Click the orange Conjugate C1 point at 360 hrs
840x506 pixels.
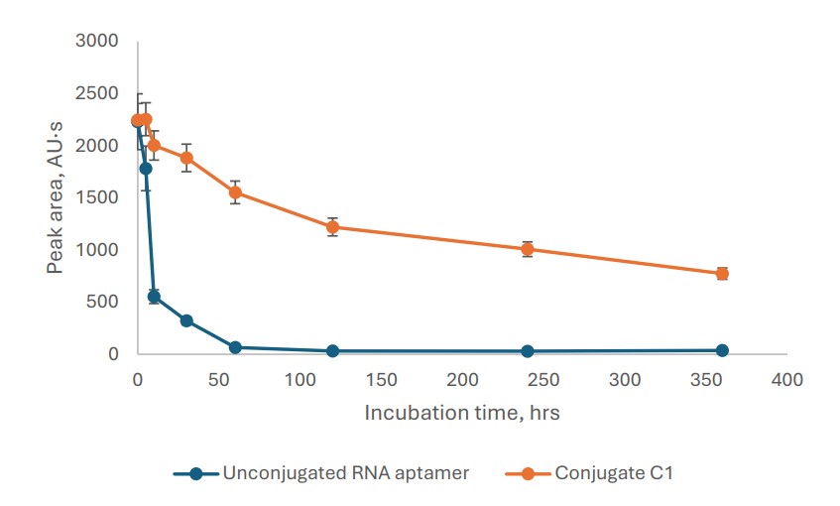point(722,273)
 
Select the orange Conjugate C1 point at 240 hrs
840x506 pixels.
point(528,249)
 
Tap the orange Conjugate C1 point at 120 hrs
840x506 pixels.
point(332,227)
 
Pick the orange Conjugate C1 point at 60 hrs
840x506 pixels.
point(235,192)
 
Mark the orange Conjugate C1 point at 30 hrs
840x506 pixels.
point(186,158)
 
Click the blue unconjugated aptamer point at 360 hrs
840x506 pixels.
point(722,350)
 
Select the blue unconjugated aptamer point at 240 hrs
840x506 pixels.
point(528,351)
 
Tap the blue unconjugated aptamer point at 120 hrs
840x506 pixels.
point(332,351)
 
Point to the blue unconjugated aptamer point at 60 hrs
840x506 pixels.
point(235,347)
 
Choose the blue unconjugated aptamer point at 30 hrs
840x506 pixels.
point(186,320)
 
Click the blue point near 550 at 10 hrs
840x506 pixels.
point(154,297)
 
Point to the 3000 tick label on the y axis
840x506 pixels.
point(98,41)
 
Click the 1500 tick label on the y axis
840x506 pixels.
point(98,197)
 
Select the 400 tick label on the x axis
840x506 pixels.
point(786,380)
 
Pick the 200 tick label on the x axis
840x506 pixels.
point(462,380)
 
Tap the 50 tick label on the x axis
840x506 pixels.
point(218,380)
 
